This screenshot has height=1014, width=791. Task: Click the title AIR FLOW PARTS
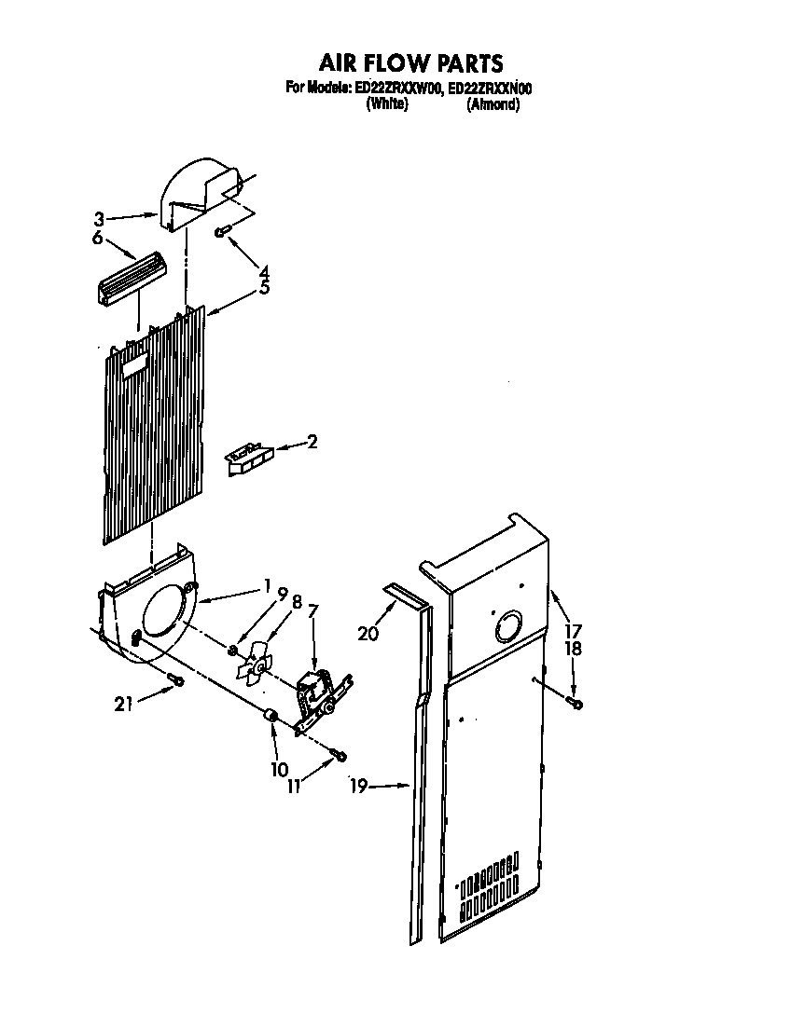click(411, 62)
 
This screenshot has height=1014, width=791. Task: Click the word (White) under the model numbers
click(387, 104)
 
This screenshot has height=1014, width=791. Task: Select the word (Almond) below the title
click(493, 104)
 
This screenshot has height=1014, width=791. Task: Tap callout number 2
click(312, 442)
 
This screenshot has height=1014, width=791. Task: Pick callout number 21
click(124, 705)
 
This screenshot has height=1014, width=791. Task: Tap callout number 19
click(356, 787)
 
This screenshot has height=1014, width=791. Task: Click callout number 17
click(573, 630)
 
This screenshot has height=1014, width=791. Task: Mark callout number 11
click(295, 787)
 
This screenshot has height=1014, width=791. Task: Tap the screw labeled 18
click(575, 701)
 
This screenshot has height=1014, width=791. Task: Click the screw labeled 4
click(221, 232)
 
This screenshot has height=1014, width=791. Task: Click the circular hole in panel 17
click(510, 626)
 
